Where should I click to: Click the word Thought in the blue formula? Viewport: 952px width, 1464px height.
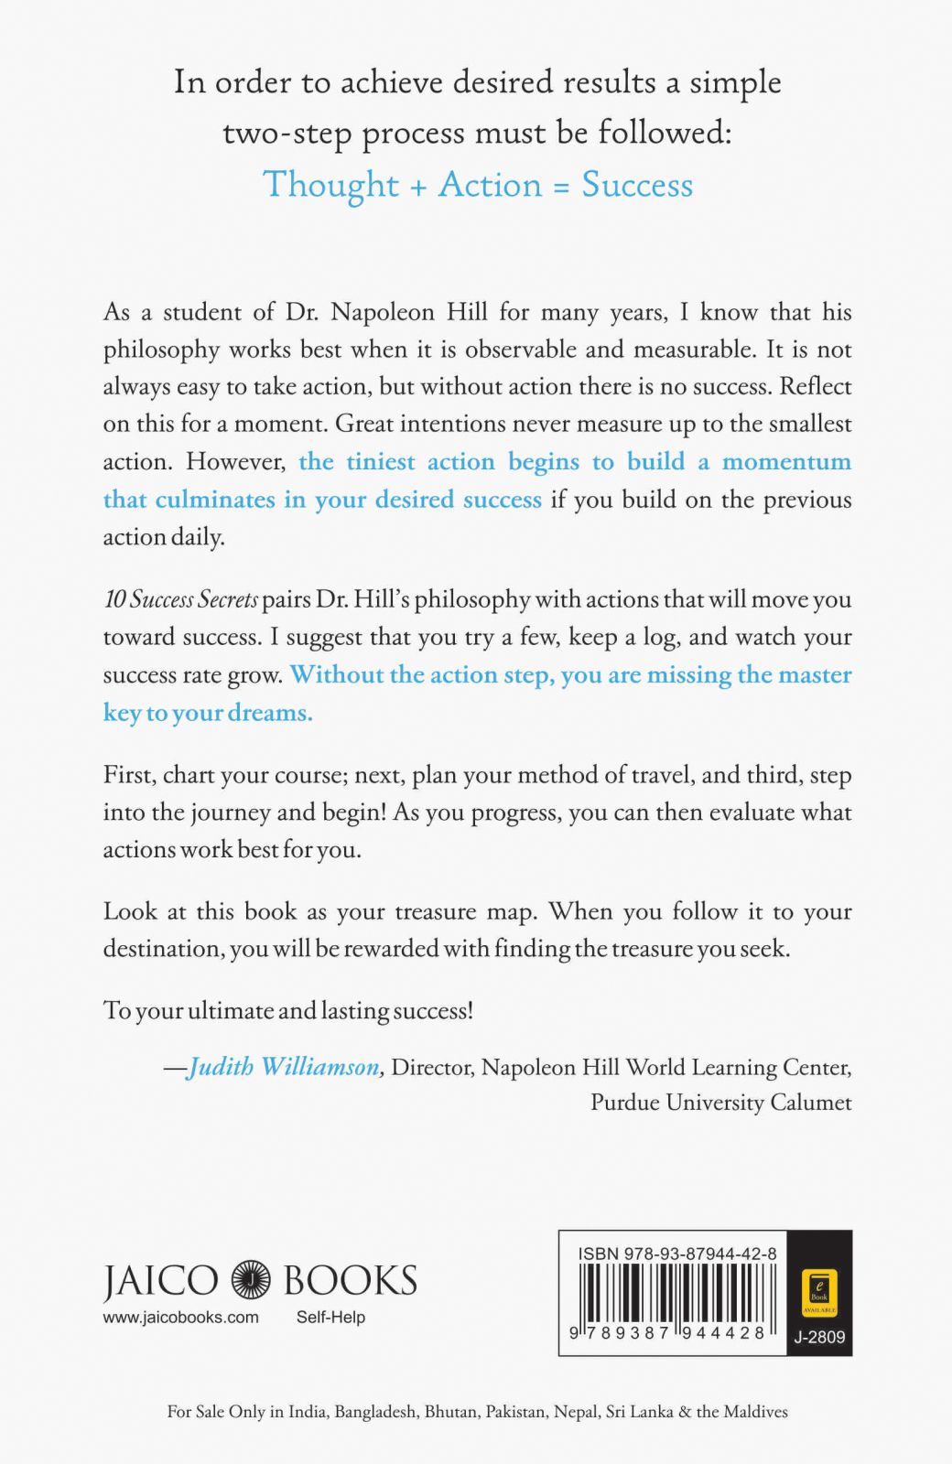[330, 186]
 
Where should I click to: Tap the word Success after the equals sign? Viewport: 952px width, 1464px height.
[637, 185]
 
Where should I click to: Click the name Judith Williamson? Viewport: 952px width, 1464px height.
[284, 1067]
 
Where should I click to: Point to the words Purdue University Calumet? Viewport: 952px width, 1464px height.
[720, 1102]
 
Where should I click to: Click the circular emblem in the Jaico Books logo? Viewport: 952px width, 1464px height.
[251, 1279]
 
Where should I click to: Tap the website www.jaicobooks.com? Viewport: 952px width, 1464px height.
[180, 1318]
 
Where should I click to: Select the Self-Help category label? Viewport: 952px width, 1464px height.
[330, 1318]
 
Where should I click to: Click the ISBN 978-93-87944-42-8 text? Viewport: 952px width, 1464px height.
[677, 1254]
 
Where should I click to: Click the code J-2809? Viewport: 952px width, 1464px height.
[819, 1337]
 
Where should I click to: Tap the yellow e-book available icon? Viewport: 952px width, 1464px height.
[819, 1290]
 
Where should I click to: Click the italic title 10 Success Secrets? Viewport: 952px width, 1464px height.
[180, 600]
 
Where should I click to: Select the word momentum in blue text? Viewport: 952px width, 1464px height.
[786, 461]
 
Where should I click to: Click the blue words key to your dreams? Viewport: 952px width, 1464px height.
[208, 713]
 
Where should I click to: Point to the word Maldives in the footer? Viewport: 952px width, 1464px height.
[755, 1412]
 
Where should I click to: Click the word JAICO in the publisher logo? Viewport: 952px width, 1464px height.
[160, 1280]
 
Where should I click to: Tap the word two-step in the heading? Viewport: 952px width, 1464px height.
[287, 135]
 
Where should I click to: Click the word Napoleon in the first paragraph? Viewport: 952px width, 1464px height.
[383, 312]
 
